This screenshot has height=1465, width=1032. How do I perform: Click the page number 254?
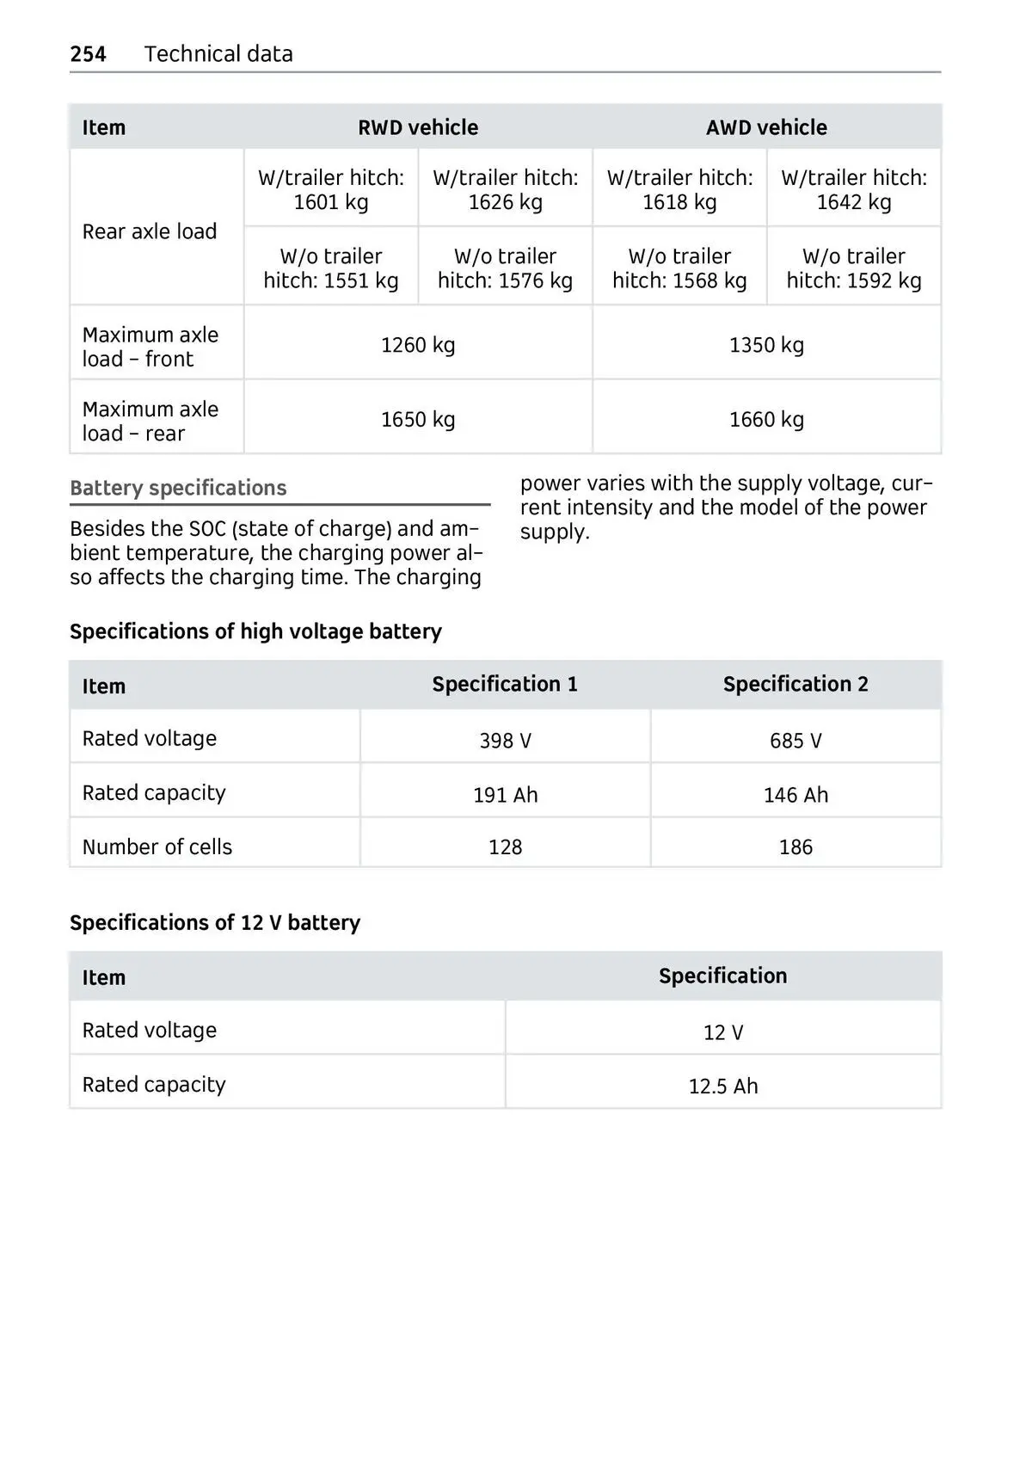(88, 54)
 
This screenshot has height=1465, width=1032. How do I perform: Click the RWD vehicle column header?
(418, 127)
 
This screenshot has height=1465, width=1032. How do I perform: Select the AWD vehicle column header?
(766, 127)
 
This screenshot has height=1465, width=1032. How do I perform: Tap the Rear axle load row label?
(150, 231)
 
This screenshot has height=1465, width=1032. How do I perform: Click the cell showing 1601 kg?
(331, 190)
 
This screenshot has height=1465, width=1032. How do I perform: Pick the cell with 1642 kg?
(854, 190)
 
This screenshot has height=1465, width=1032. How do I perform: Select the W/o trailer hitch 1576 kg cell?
(505, 268)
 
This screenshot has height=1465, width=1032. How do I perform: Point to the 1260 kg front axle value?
(418, 345)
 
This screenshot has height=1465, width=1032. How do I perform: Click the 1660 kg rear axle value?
(766, 420)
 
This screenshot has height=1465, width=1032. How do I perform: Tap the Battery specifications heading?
(178, 488)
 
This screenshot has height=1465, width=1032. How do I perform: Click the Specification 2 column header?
(795, 684)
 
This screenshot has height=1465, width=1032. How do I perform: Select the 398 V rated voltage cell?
(505, 741)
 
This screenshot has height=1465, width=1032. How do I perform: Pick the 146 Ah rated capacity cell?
(795, 795)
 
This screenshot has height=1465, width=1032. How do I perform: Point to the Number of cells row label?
(157, 847)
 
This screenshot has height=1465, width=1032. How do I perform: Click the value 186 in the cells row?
(795, 847)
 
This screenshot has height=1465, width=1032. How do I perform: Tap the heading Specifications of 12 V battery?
(215, 923)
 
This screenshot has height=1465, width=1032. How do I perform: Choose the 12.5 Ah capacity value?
(723, 1086)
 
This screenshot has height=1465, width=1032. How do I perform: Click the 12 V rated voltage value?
(723, 1032)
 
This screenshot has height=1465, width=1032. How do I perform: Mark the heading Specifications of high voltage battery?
(255, 631)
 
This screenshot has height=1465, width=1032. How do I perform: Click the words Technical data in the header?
(218, 54)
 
